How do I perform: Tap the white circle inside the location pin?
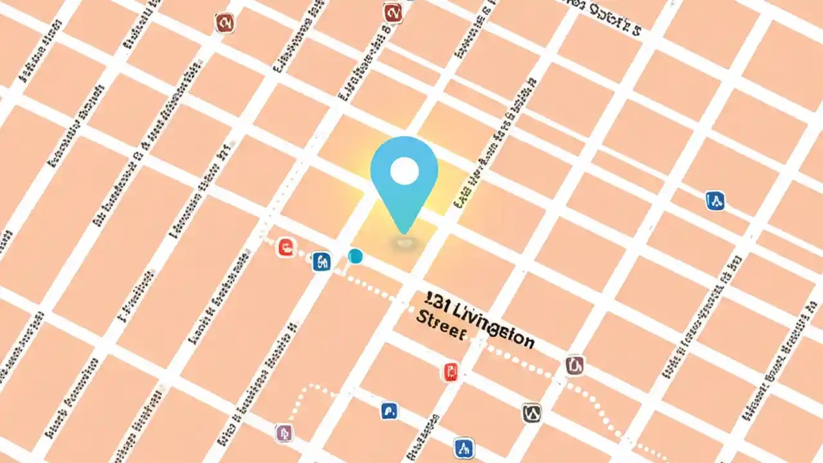[x=404, y=170]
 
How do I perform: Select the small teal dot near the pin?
[x=355, y=257]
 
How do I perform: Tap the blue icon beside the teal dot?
[x=321, y=261]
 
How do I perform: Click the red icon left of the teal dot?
[x=286, y=247]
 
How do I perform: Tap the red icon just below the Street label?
[x=451, y=371]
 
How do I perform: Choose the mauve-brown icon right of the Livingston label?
[x=575, y=365]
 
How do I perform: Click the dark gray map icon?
[x=531, y=413]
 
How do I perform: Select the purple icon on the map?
[x=284, y=433]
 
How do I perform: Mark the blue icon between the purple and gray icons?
[x=388, y=410]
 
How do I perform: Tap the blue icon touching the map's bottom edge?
[x=464, y=448]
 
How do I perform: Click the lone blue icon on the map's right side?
[x=714, y=201]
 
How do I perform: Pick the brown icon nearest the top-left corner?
[x=224, y=23]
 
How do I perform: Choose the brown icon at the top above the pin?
[x=392, y=12]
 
